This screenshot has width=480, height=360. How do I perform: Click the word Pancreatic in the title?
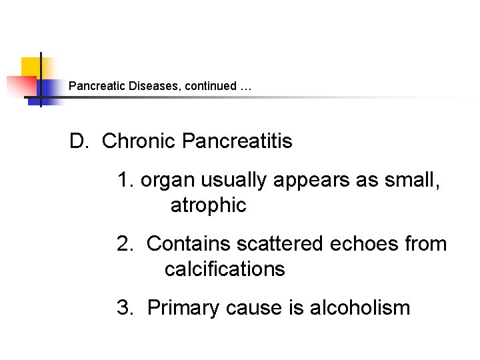pyautogui.click(x=93, y=86)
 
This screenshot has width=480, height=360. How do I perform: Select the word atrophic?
pyautogui.click(x=208, y=206)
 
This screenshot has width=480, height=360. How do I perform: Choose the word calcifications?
pyautogui.click(x=225, y=269)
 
